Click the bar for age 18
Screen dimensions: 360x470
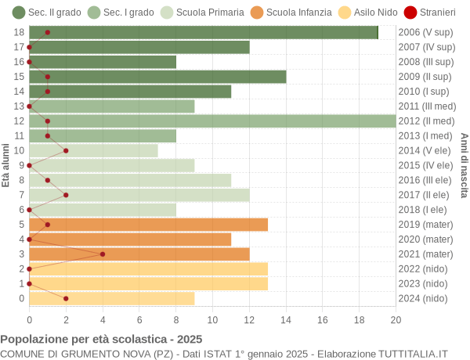tap(204, 32)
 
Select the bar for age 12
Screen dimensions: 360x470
tap(212, 121)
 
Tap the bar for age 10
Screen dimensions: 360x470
tap(93, 150)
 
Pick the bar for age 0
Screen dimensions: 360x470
tap(112, 298)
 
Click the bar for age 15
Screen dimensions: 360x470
tap(157, 77)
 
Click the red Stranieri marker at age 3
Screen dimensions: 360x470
tap(103, 254)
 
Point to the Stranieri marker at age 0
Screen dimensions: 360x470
tap(66, 298)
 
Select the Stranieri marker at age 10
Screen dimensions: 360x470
tap(66, 150)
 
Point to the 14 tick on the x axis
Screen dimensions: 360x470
tap(286, 319)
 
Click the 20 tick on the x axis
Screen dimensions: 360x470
tap(396, 319)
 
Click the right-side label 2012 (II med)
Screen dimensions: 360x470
tap(426, 121)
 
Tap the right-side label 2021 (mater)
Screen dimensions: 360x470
tap(426, 254)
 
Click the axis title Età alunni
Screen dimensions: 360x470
tap(6, 165)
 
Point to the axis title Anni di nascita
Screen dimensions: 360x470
tap(464, 165)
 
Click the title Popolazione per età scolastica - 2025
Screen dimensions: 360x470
tap(101, 340)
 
